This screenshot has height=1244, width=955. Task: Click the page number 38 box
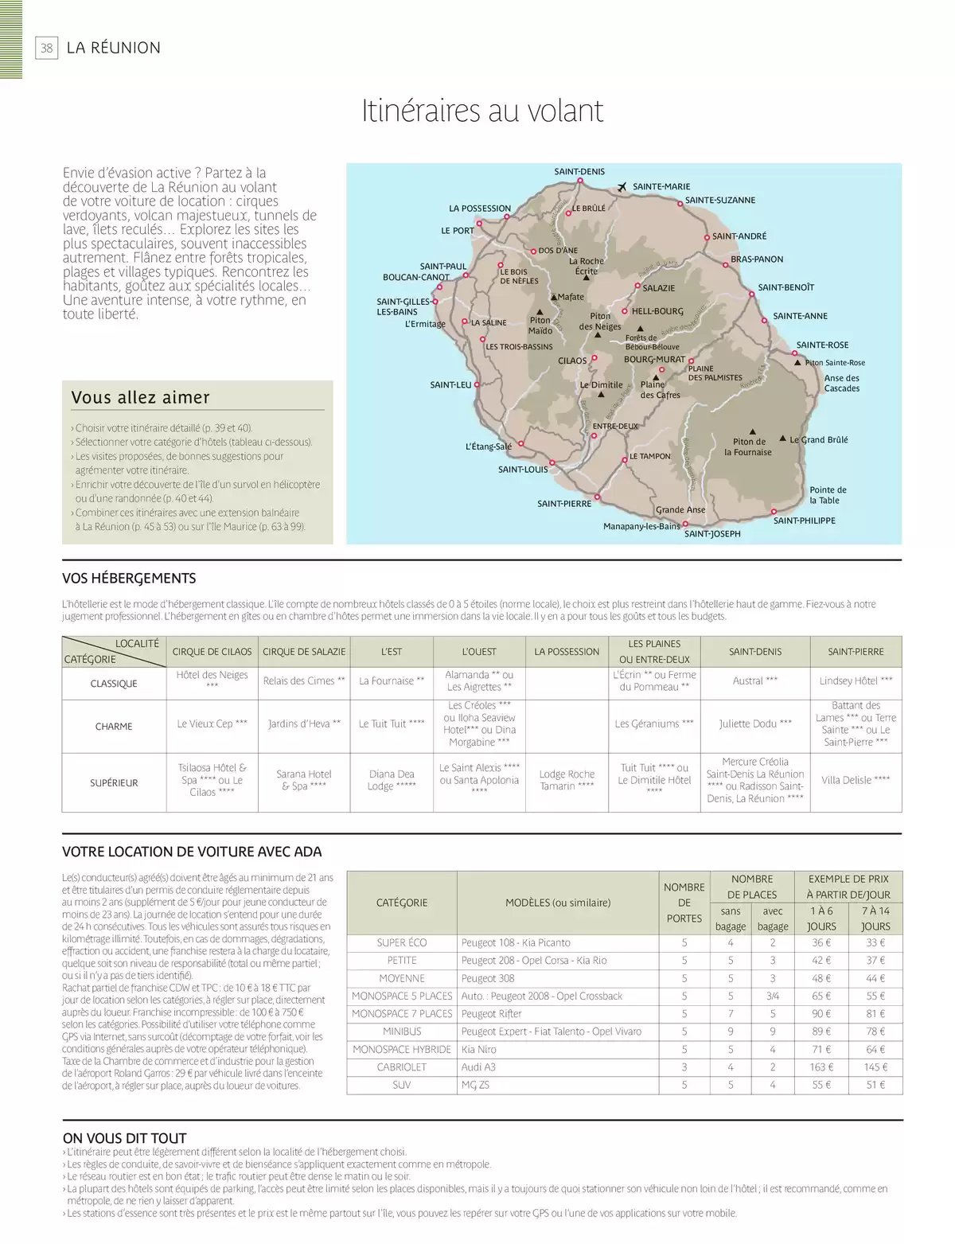point(47,48)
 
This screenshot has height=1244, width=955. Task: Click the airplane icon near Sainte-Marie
point(623,187)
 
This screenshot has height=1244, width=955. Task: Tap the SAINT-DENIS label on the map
point(579,171)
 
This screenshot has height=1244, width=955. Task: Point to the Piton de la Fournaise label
point(748,447)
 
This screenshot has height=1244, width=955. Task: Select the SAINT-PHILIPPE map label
point(805,521)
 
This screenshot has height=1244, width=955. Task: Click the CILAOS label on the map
point(572,361)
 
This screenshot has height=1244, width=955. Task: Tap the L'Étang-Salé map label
point(489,447)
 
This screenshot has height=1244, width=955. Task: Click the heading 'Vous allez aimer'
point(141,397)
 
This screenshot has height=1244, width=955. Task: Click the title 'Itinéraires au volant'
point(482,111)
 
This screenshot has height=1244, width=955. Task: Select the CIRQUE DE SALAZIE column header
point(304,651)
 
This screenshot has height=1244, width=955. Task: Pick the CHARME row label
point(114,726)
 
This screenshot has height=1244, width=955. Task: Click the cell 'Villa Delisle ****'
point(856,780)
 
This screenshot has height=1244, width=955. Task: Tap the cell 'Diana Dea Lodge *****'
point(392,780)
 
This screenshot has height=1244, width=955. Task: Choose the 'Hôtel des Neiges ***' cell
point(212,680)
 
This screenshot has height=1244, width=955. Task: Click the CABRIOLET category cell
point(402,1067)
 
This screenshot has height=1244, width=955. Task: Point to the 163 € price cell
point(821,1067)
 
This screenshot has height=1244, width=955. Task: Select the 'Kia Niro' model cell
point(479,1049)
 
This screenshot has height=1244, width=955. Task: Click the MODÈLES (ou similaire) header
point(558,903)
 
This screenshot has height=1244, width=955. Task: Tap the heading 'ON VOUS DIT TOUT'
point(124,1138)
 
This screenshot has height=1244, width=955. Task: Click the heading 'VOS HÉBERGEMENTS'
point(129,579)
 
